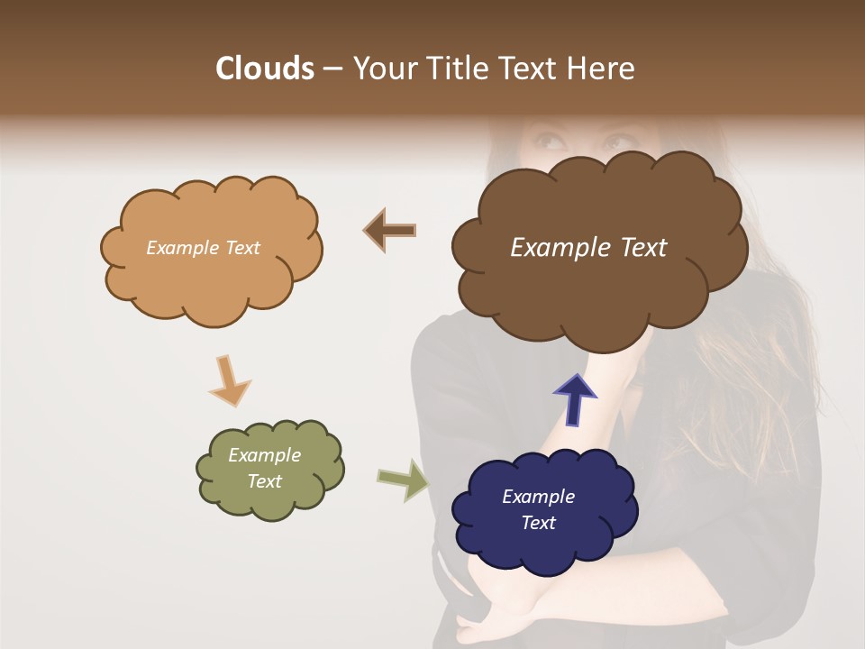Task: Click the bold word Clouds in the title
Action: (x=265, y=69)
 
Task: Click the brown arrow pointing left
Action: (x=389, y=231)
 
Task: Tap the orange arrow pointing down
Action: (x=229, y=380)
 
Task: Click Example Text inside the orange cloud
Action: (x=203, y=248)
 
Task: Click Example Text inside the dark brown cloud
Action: (x=588, y=248)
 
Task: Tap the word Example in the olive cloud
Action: (x=264, y=455)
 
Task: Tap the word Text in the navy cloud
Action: (x=538, y=523)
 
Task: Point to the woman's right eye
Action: (x=547, y=141)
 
